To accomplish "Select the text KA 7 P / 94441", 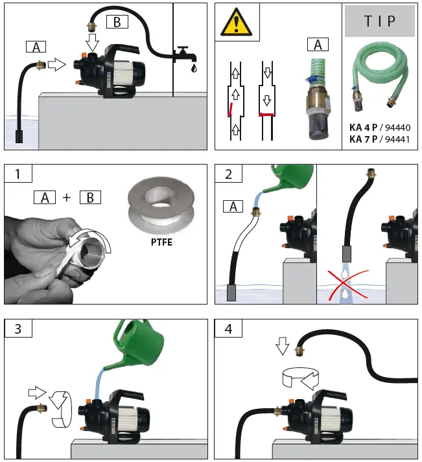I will (x=379, y=139).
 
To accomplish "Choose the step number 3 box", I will (x=17, y=329).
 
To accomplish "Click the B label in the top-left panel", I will (x=118, y=21).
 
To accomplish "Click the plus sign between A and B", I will (x=67, y=197).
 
